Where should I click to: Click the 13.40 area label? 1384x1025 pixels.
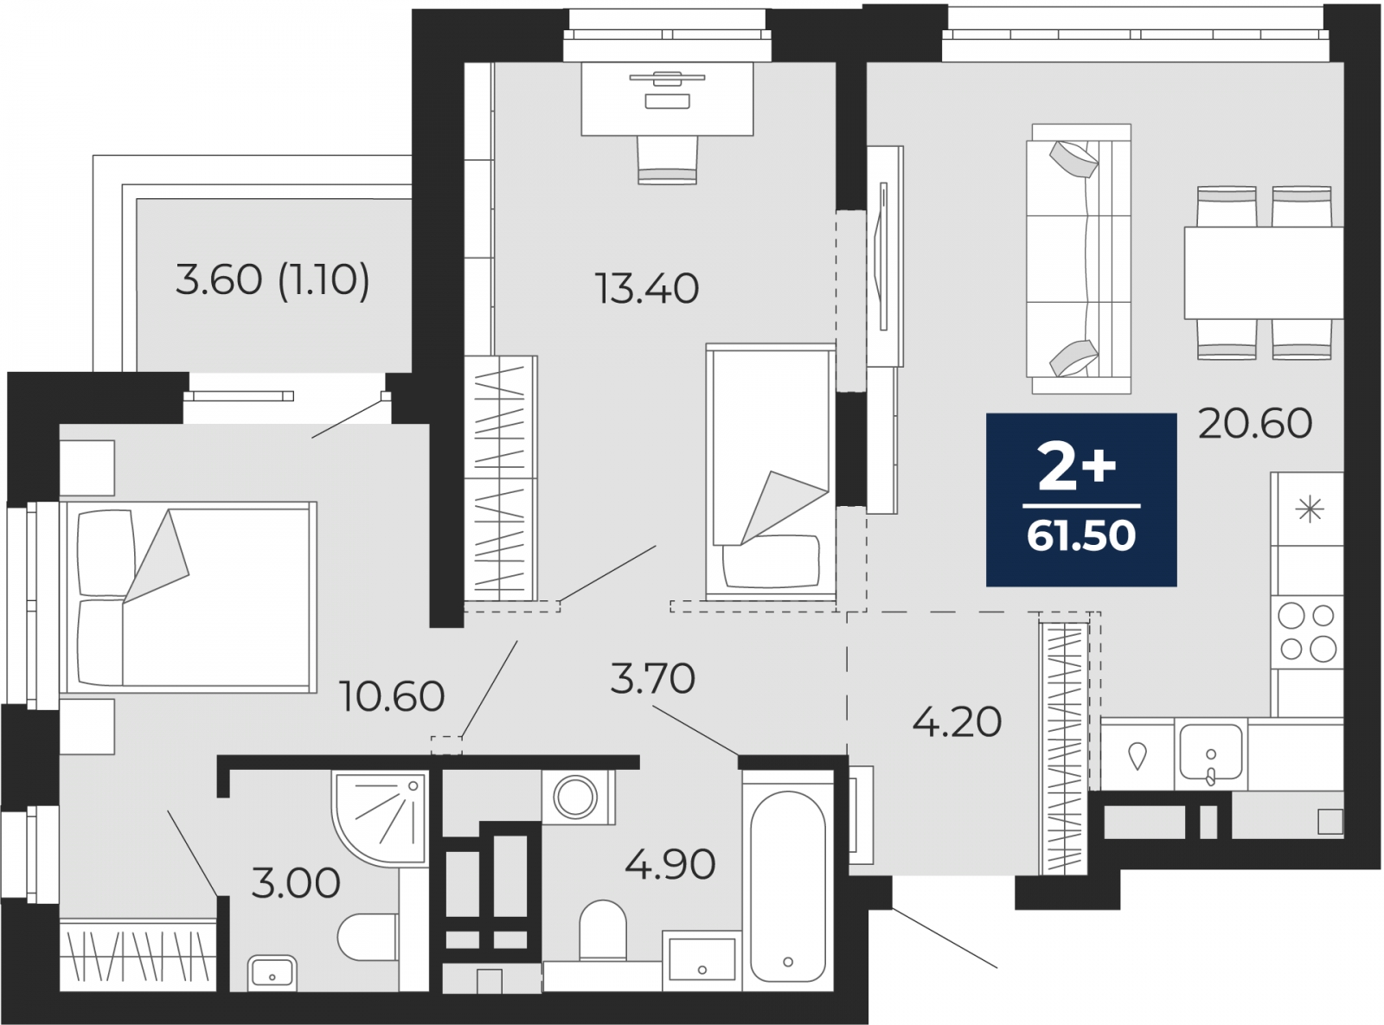pyautogui.click(x=647, y=289)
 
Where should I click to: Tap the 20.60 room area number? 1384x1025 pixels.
pyautogui.click(x=1255, y=423)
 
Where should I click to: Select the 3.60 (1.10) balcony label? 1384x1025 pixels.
pyautogui.click(x=272, y=279)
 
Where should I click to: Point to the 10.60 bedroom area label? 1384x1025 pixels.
pyautogui.click(x=392, y=696)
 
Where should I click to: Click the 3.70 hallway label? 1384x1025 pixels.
pyautogui.click(x=653, y=678)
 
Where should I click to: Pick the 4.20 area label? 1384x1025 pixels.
pyautogui.click(x=957, y=722)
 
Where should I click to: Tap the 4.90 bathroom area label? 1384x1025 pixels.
pyautogui.click(x=670, y=865)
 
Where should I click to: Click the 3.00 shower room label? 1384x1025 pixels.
pyautogui.click(x=296, y=882)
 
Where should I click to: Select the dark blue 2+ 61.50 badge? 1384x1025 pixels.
pyautogui.click(x=1081, y=500)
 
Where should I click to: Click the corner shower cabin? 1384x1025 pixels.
pyautogui.click(x=380, y=819)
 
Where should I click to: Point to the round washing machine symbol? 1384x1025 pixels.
pyautogui.click(x=575, y=797)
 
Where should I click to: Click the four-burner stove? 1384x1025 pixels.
pyautogui.click(x=1307, y=632)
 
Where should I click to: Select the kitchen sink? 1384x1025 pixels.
pyautogui.click(x=1210, y=753)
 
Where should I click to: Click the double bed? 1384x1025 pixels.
pyautogui.click(x=189, y=598)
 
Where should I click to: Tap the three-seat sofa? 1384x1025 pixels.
pyautogui.click(x=1079, y=259)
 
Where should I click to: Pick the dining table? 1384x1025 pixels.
pyautogui.click(x=1264, y=272)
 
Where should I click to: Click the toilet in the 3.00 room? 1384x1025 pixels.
pyautogui.click(x=368, y=937)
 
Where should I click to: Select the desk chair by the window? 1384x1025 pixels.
pyautogui.click(x=667, y=160)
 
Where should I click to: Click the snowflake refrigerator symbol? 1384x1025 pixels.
pyautogui.click(x=1309, y=509)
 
